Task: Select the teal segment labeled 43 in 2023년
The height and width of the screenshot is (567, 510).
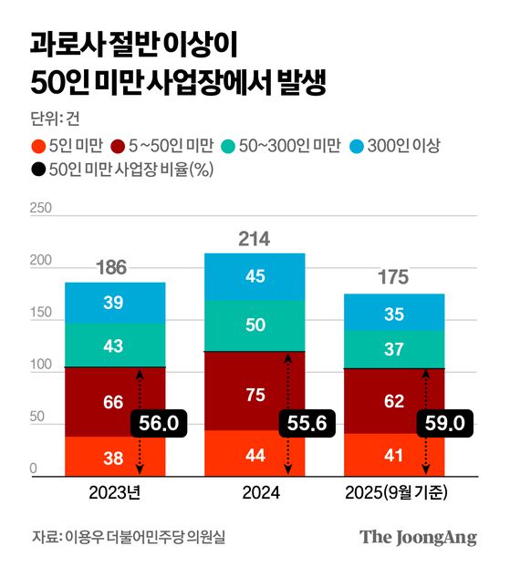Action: click(114, 345)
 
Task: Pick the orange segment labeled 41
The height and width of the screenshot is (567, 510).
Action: click(393, 453)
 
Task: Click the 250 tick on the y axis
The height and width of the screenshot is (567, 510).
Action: click(40, 209)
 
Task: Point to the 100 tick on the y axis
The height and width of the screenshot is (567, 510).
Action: click(40, 366)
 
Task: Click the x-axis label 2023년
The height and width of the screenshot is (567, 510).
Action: click(114, 493)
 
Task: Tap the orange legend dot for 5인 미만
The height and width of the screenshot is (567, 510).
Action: click(37, 145)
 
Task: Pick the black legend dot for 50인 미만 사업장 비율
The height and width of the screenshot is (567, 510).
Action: click(37, 169)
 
